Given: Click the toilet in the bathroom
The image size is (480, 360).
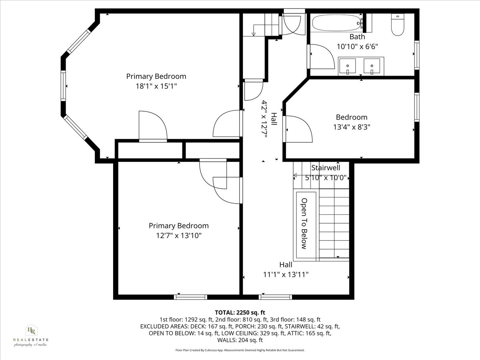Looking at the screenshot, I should [x=398, y=26].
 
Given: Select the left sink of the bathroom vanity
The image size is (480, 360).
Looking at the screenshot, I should [x=348, y=66].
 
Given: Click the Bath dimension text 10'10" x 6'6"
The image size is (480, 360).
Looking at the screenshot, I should [x=357, y=46].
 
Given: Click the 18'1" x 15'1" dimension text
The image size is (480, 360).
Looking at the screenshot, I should [x=156, y=86].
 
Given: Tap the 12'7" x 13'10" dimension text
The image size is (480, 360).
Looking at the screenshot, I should [x=179, y=236].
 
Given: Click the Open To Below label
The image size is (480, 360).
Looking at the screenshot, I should [x=304, y=224].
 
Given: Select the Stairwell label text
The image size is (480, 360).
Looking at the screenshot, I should [x=326, y=168].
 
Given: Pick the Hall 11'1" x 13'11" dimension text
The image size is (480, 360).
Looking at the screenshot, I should [x=286, y=274].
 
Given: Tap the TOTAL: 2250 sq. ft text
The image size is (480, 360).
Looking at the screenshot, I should [x=240, y=312].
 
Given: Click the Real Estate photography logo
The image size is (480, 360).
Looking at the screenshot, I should [x=31, y=335].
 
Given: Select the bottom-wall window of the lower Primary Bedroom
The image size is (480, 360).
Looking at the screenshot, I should [x=190, y=297].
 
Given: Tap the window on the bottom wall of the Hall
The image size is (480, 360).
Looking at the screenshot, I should [x=275, y=297].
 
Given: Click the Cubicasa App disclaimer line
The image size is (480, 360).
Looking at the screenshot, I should [x=240, y=350].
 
